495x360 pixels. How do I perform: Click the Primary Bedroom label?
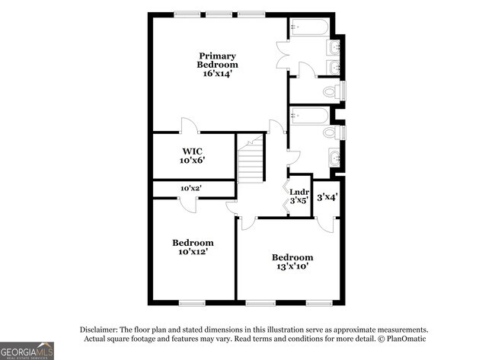coord(217,65)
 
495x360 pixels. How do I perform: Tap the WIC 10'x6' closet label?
coord(192,155)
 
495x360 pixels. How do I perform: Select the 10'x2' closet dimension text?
coord(191,188)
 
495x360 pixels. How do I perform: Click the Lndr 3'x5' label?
coord(299,196)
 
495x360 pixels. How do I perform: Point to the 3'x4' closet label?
coord(327,196)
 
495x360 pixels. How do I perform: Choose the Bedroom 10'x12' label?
coord(192,247)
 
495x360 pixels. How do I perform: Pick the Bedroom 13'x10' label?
coord(292,262)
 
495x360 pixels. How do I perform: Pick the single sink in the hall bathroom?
coord(334,158)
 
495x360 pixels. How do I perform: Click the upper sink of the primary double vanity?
coord(334,49)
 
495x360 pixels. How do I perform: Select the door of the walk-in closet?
coord(188,126)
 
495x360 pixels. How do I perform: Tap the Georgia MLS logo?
coord(27,350)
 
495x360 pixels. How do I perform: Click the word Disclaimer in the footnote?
coord(101,330)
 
